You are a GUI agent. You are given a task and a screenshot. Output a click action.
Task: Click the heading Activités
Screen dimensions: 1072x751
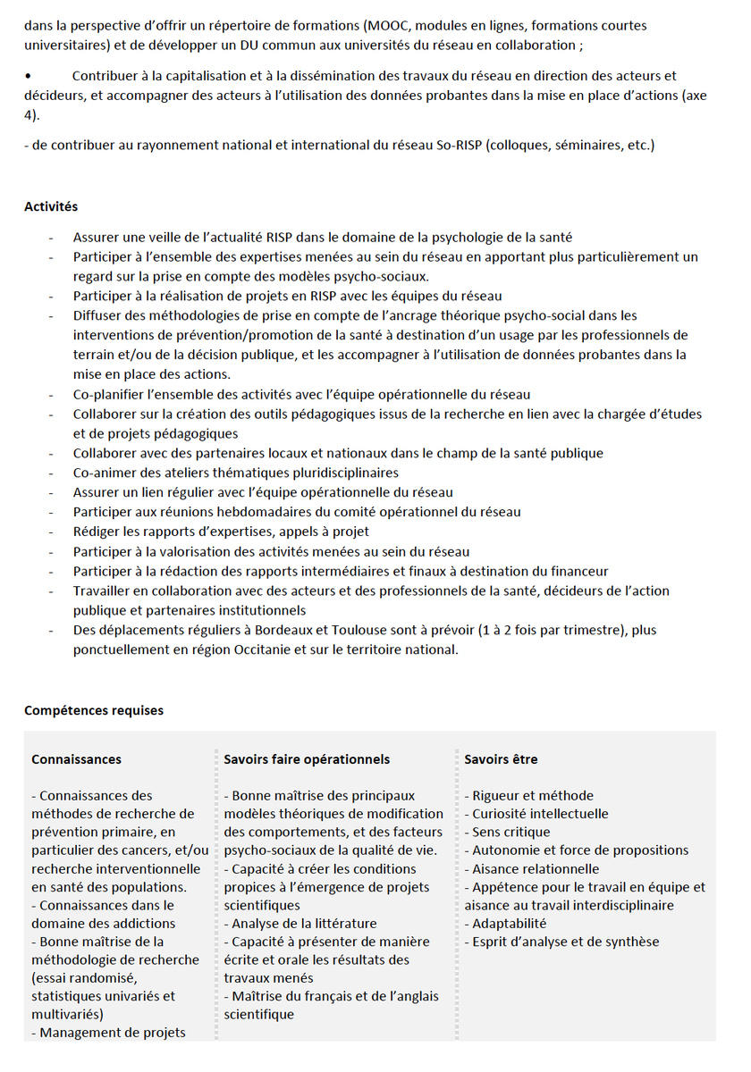coord(51,206)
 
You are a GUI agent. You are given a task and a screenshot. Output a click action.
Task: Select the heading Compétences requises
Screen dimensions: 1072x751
coord(94,710)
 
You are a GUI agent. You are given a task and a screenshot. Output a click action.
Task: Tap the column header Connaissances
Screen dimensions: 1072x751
coord(76,759)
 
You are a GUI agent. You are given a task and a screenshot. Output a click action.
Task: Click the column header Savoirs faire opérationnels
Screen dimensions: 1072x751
coord(307,759)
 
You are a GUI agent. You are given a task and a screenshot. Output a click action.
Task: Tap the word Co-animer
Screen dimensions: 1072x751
coord(105,473)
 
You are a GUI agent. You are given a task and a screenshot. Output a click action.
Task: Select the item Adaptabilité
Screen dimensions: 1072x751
coord(509,923)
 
